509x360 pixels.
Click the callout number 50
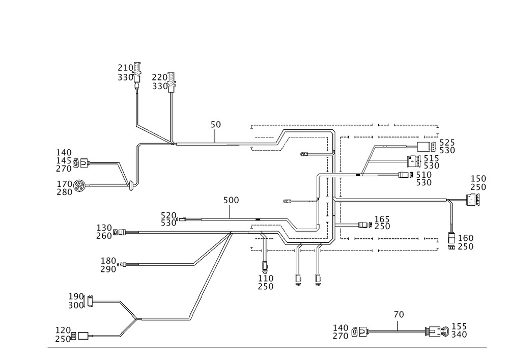click(215, 124)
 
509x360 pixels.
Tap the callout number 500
click(231, 200)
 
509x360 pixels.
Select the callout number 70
click(399, 314)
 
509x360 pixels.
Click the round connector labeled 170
click(79, 186)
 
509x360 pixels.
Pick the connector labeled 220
click(172, 82)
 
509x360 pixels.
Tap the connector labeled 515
click(413, 161)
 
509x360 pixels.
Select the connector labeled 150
click(473, 199)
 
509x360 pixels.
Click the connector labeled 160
click(451, 241)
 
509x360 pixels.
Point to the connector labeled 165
click(365, 225)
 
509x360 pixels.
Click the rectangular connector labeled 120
click(83, 336)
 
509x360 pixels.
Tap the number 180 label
click(108, 261)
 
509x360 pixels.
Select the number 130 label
click(104, 228)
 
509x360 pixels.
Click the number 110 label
click(266, 278)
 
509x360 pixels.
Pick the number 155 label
click(459, 326)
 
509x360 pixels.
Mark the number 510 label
click(424, 175)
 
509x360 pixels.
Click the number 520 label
click(168, 215)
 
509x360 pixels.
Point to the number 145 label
click(64, 160)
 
